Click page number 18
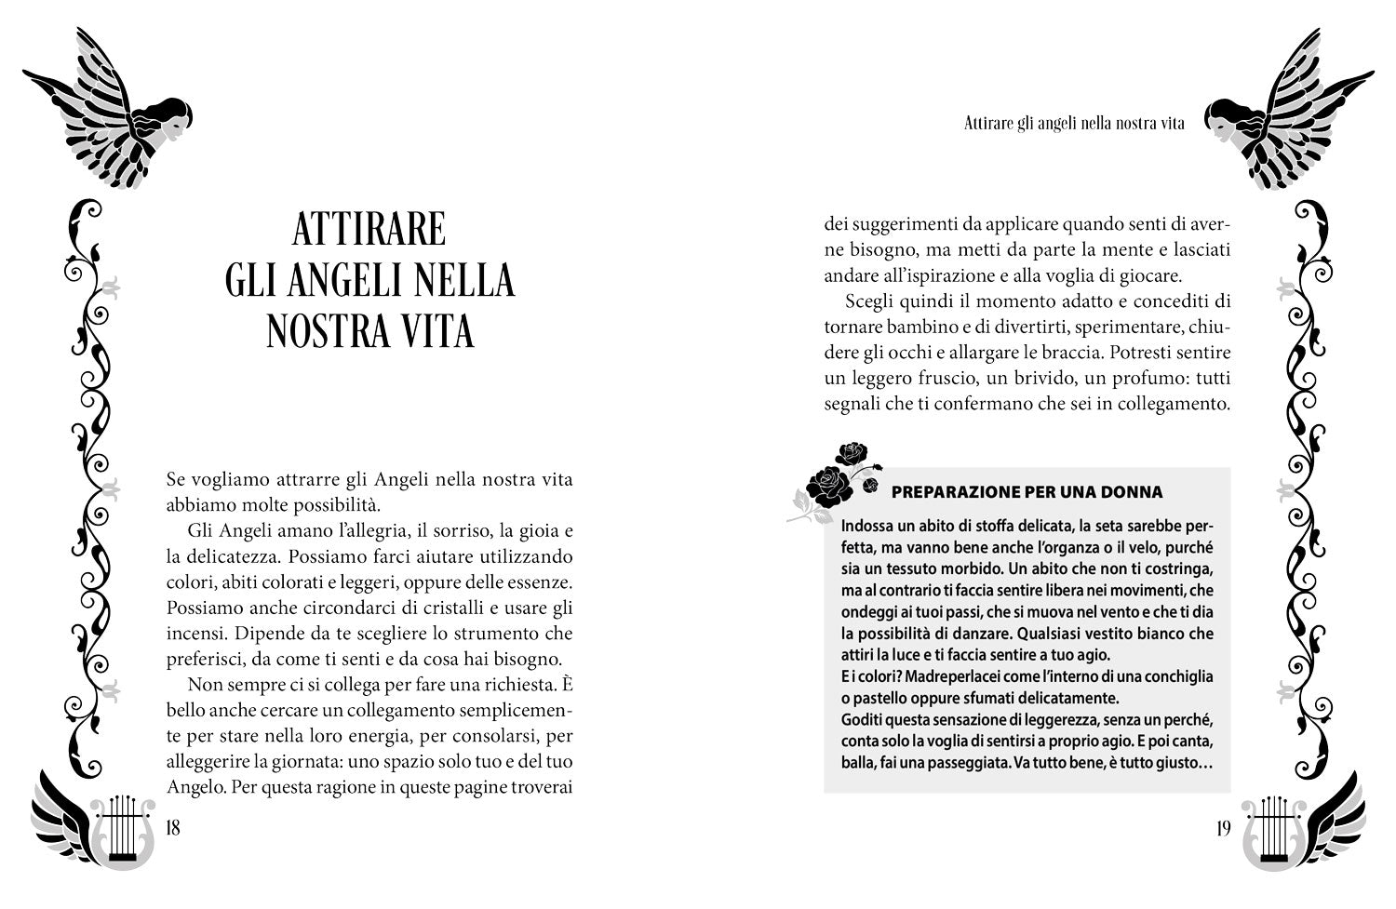coord(171,828)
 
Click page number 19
coord(1223,828)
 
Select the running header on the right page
coord(1074,124)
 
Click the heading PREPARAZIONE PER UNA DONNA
coord(1027,492)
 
